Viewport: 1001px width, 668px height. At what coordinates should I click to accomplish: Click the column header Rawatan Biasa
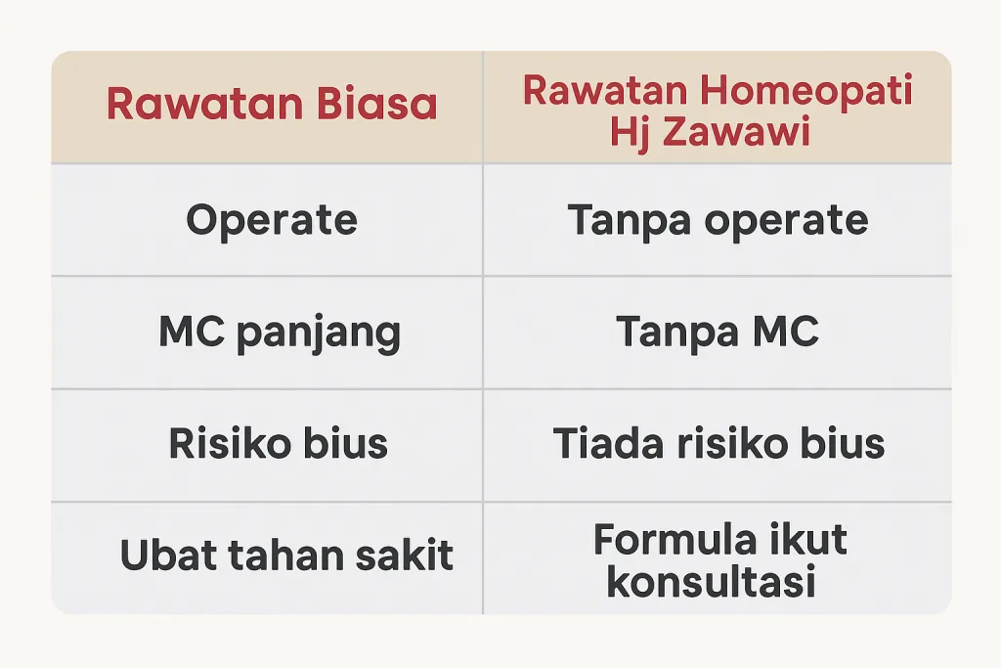coord(272,104)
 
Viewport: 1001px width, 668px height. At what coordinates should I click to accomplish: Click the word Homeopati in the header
coord(806,91)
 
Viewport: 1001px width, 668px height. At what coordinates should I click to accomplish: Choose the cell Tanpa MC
coord(718,333)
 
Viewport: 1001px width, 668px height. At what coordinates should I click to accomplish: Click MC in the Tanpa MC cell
coord(786,331)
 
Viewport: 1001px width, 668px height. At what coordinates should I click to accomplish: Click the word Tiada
coord(608,443)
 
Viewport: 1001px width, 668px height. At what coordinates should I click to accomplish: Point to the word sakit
coord(404,554)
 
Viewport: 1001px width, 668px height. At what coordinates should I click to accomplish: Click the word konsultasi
coord(712,581)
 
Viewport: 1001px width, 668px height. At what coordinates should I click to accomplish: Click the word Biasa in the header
coord(377,104)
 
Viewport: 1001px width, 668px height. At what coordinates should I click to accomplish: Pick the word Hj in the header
coord(631,133)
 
